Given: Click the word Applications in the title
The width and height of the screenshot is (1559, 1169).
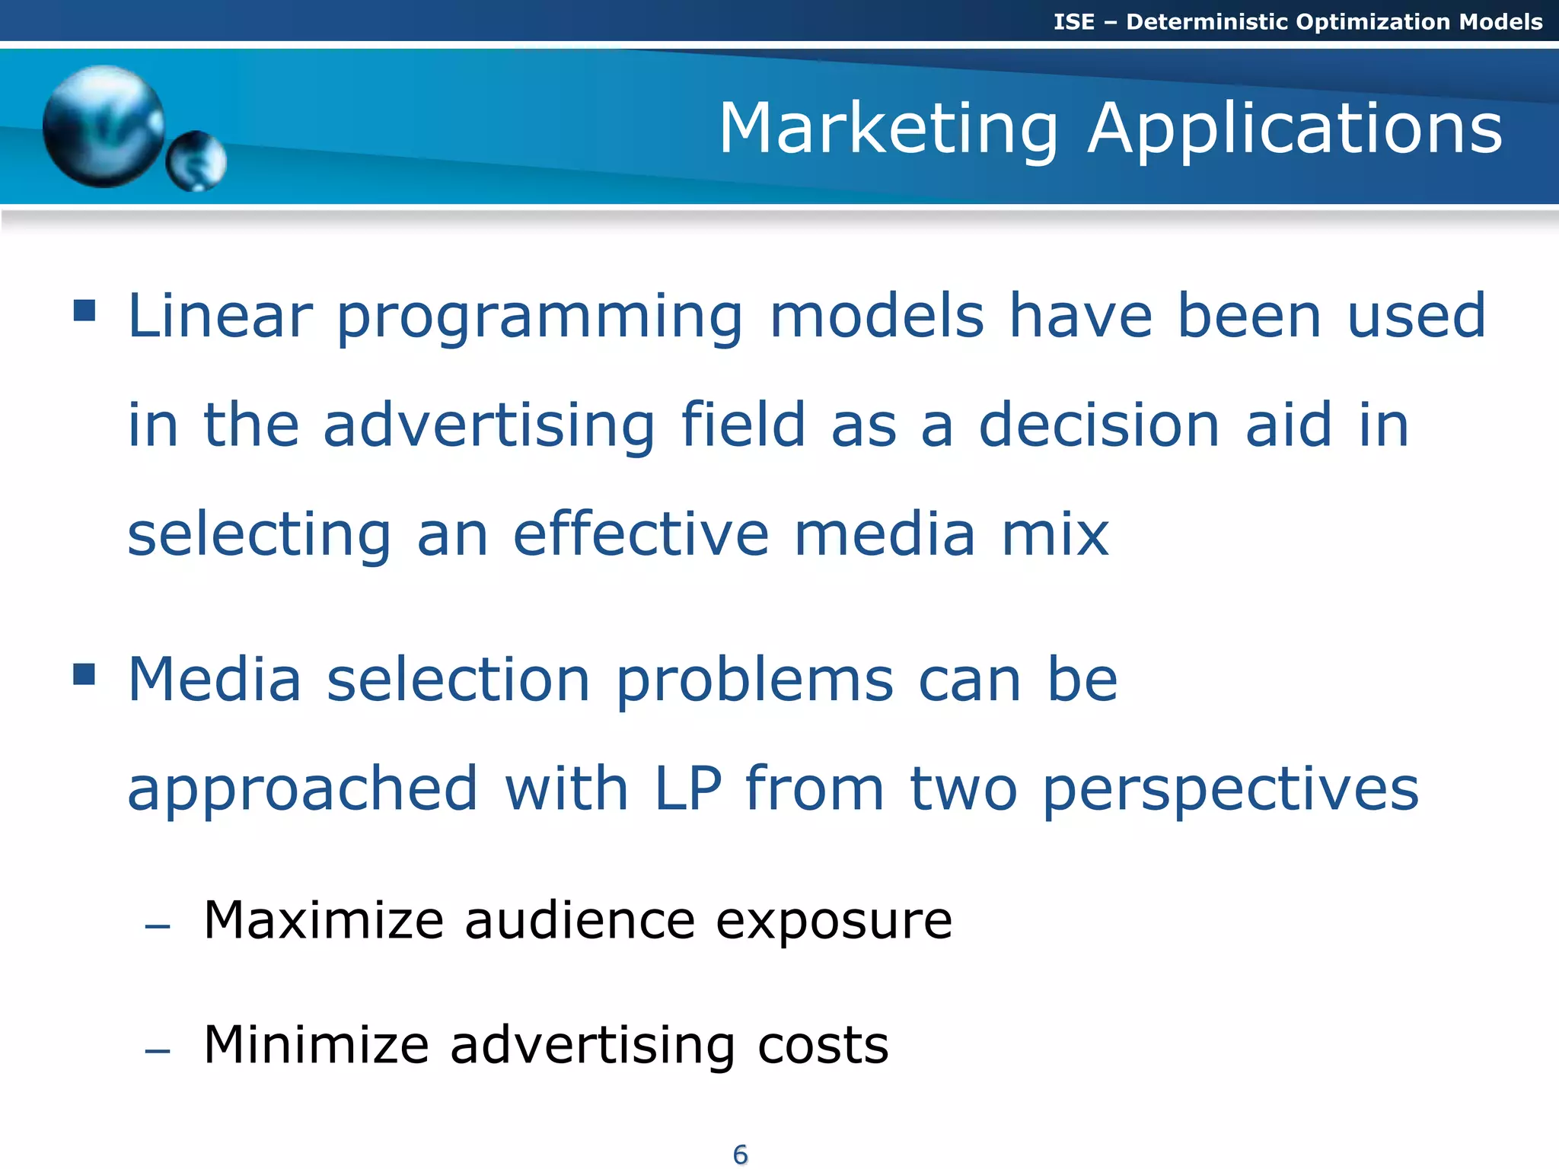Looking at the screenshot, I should point(1295,129).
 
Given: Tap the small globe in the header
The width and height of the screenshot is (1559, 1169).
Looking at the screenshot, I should point(196,161).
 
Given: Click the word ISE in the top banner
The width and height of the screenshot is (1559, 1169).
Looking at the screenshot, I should point(1073,21).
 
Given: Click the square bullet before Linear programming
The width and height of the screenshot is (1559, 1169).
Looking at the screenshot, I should point(84,311).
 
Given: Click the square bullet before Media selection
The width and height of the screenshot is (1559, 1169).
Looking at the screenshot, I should point(84,674).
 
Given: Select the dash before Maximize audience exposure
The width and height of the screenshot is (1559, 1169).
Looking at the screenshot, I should point(158,926).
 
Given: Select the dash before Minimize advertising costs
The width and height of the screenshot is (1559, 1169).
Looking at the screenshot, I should point(158,1051).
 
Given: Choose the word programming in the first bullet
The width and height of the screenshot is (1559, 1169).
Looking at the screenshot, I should point(540,318).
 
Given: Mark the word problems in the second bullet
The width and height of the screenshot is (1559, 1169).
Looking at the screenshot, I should point(754,681).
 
